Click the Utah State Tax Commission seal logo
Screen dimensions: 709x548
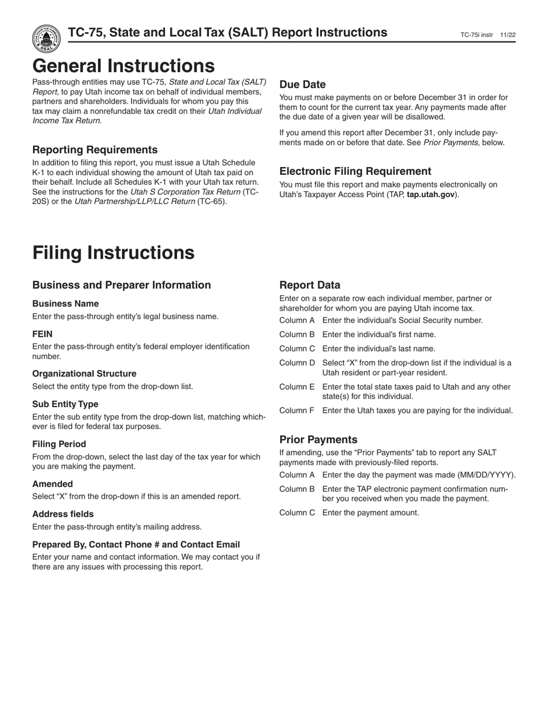(47, 39)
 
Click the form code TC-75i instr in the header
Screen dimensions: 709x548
(476, 35)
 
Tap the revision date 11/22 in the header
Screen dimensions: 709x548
(508, 35)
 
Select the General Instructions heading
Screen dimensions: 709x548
(123, 66)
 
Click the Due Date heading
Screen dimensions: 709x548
(302, 84)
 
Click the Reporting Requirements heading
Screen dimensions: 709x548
(95, 150)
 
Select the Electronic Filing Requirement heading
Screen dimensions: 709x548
(355, 171)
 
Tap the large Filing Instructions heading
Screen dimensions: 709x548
(113, 253)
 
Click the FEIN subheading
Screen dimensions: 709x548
(42, 334)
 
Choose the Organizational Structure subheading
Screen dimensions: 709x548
(84, 374)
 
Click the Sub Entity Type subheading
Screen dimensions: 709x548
(65, 404)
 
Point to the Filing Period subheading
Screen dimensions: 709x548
(59, 444)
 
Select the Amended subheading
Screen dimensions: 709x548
(52, 484)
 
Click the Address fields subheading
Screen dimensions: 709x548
(63, 514)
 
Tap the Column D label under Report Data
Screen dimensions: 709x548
(296, 363)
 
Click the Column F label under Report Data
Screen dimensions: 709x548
(296, 410)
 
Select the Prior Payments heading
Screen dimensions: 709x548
(318, 439)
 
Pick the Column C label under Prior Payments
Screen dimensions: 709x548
(296, 512)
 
